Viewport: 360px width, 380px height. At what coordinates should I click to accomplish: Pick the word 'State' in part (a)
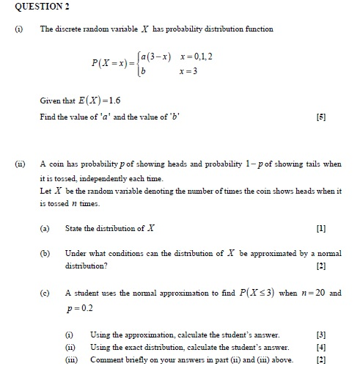pos(75,229)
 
